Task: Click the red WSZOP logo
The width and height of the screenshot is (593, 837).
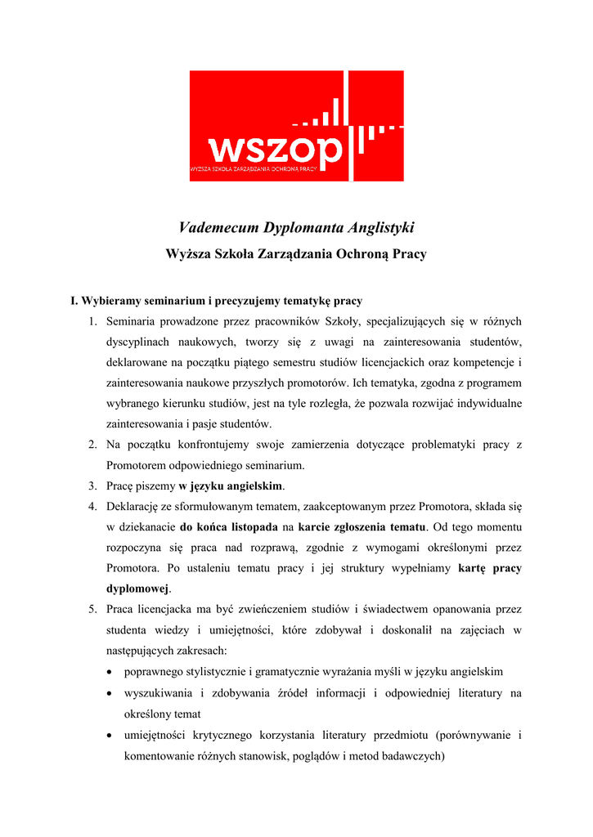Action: (296, 126)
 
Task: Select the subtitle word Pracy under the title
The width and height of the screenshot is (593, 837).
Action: (407, 254)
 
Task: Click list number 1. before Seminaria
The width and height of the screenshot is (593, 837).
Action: (93, 322)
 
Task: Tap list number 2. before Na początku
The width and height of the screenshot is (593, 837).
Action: (93, 445)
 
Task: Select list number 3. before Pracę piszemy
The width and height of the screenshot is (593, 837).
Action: (93, 486)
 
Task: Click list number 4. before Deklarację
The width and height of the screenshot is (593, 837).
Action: (93, 507)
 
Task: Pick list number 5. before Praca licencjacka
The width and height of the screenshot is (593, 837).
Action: (93, 609)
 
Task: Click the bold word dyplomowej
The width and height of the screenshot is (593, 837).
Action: (137, 589)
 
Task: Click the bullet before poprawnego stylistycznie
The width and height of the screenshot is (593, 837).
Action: (110, 672)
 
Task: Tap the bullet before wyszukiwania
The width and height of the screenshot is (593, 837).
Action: (110, 693)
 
